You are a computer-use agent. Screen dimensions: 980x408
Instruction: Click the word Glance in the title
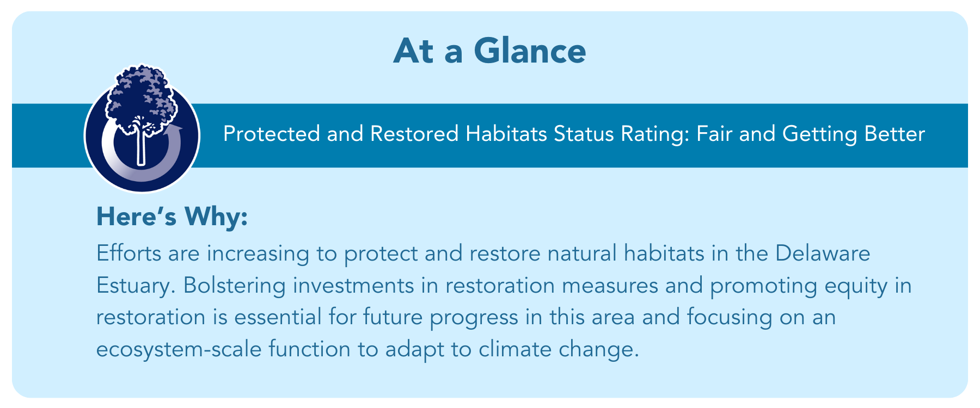529,51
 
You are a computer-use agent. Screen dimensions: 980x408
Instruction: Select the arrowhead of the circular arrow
175,131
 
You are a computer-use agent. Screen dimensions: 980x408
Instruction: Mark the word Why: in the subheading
216,218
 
